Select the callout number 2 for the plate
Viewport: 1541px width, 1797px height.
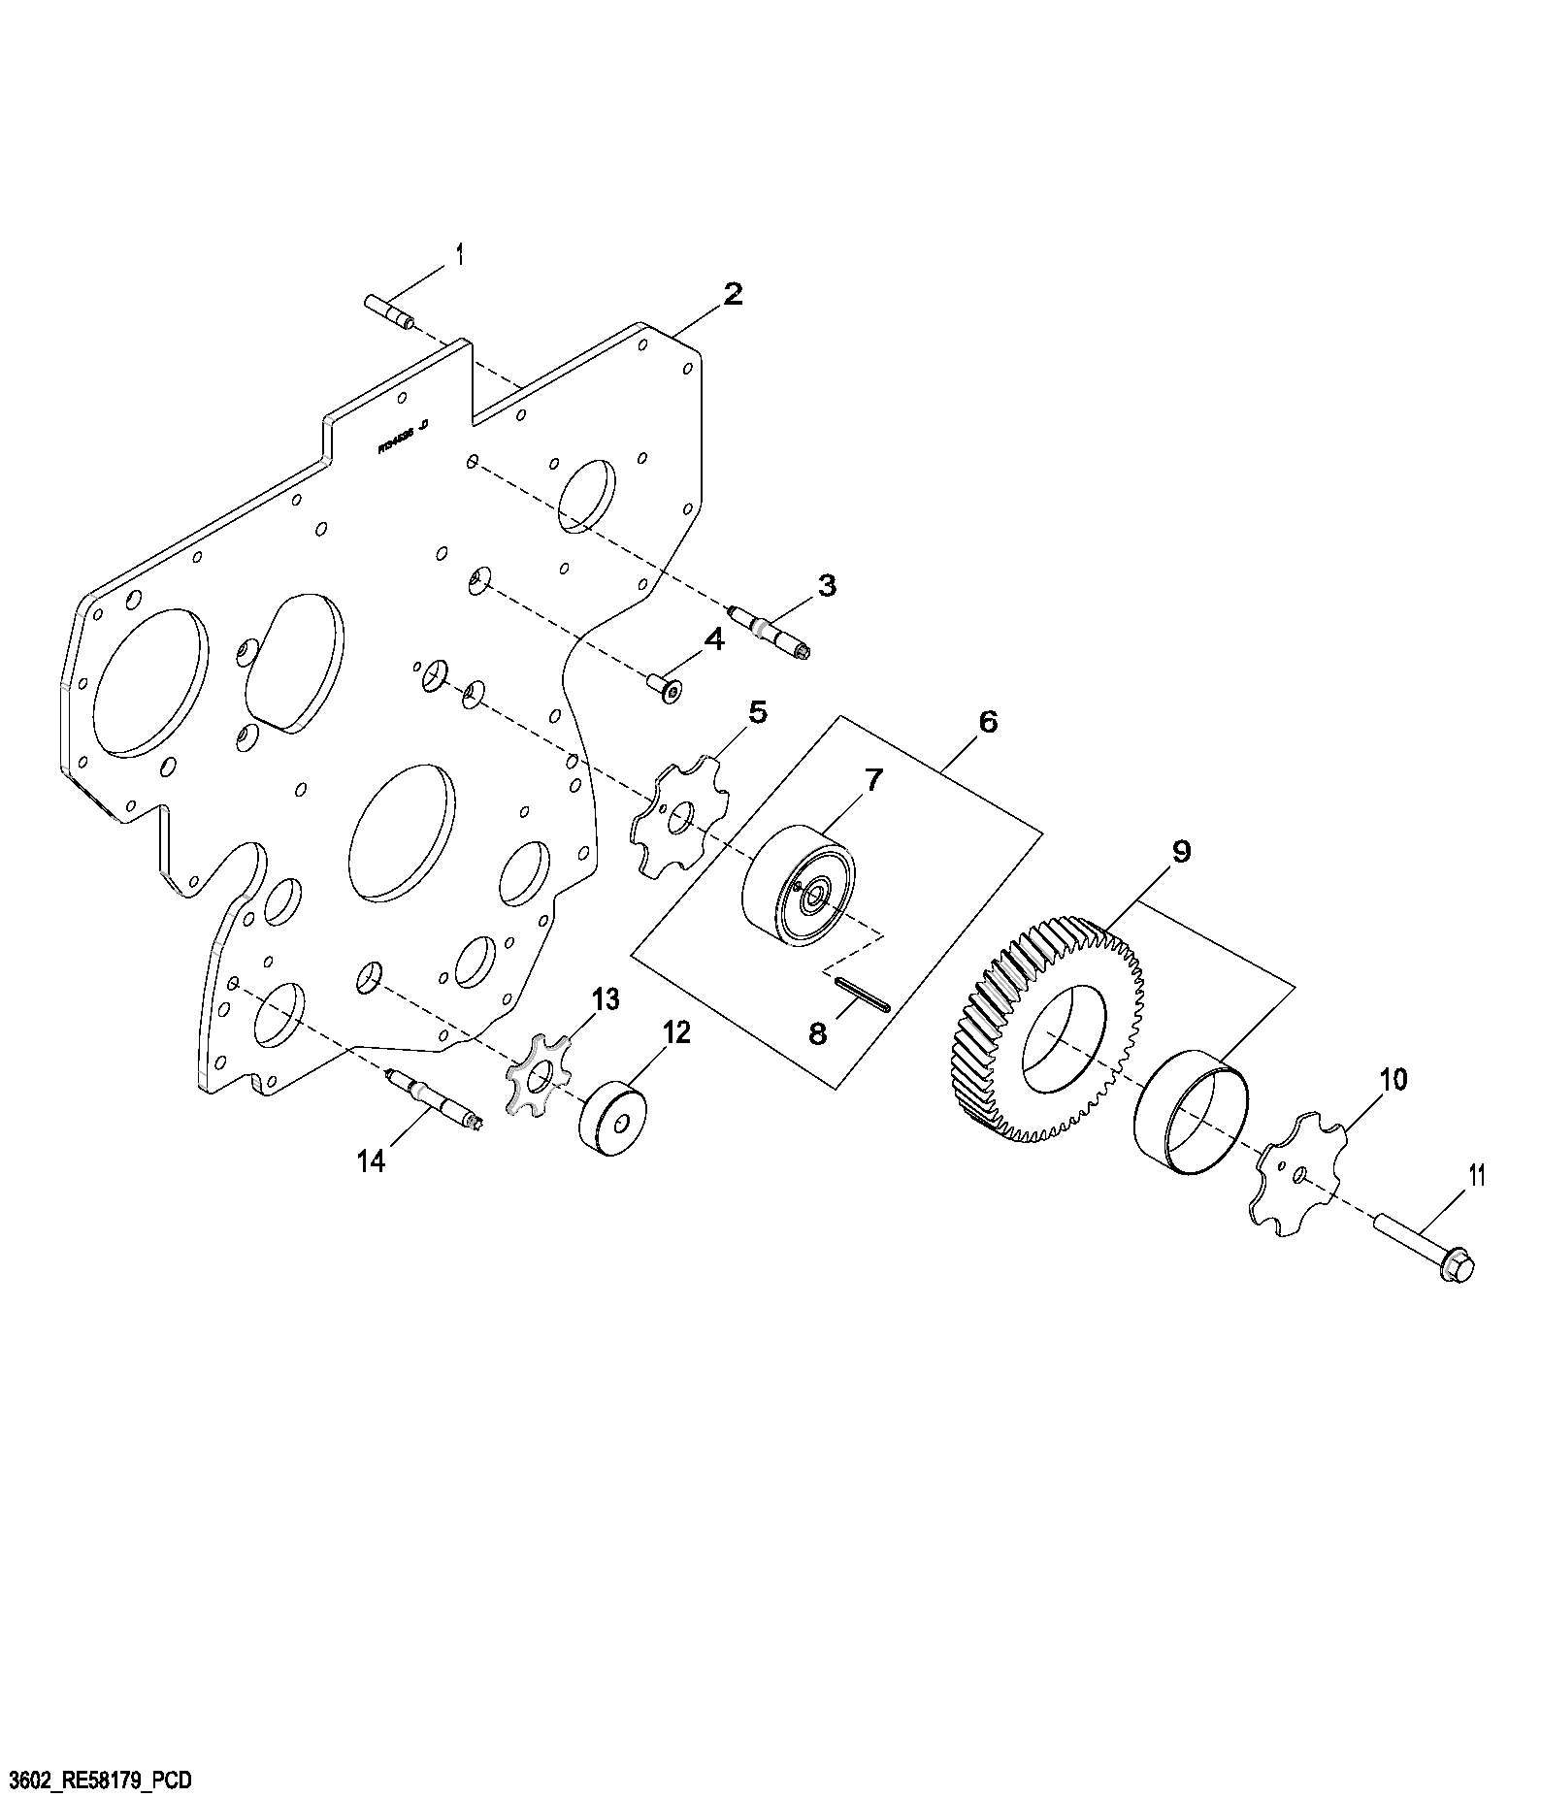point(733,294)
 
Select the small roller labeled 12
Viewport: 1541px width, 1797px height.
point(613,1119)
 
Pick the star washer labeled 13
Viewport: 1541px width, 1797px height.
point(537,1074)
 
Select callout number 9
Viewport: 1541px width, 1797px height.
point(1180,852)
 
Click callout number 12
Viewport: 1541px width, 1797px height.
point(676,1033)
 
